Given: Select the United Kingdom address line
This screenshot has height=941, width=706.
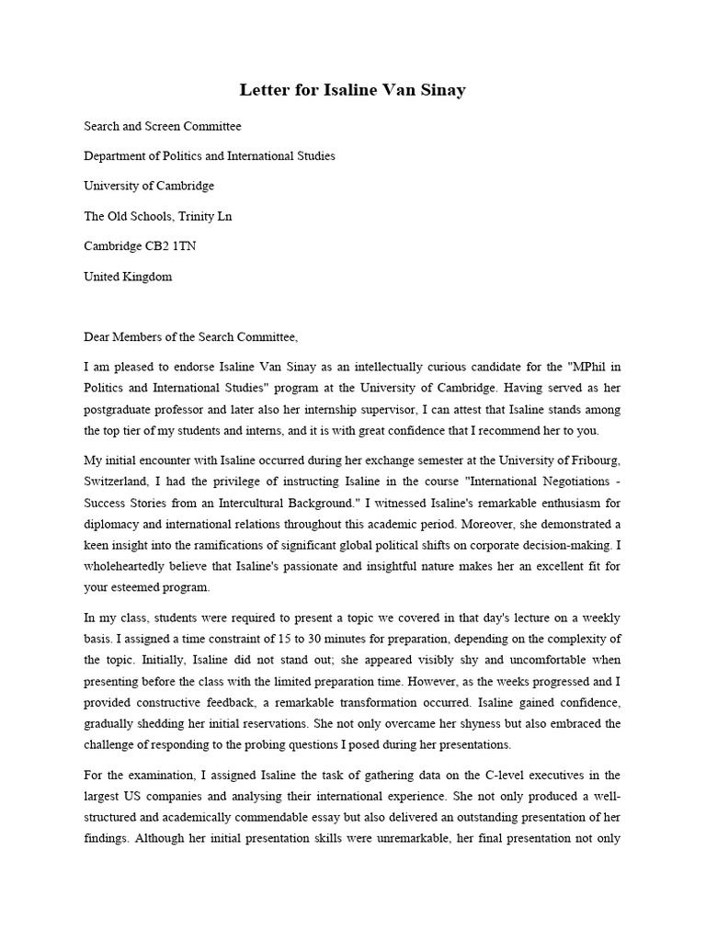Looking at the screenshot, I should (128, 277).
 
